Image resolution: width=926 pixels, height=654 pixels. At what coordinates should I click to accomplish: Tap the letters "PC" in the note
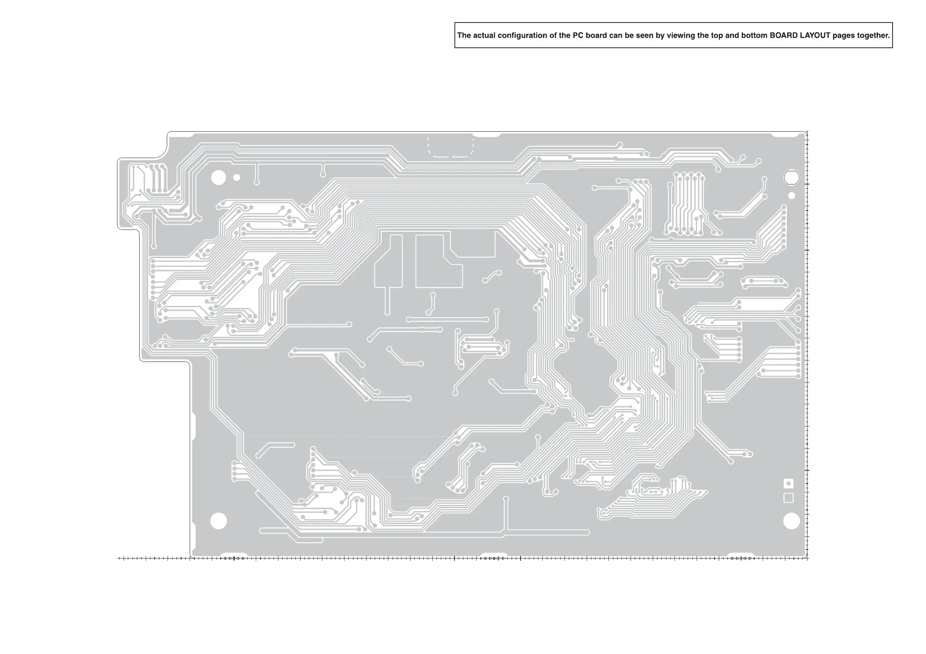[x=578, y=35]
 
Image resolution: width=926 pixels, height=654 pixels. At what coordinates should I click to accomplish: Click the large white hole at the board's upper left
[x=218, y=177]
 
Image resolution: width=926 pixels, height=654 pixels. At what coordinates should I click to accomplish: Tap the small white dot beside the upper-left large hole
[x=237, y=177]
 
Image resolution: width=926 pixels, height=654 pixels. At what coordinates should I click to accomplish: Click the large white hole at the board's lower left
[x=218, y=521]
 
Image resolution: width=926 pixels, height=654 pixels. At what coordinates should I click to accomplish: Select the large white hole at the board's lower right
[x=791, y=521]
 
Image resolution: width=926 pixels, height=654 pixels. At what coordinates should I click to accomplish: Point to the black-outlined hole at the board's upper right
[x=791, y=177]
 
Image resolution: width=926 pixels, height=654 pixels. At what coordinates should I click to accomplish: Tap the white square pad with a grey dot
[x=788, y=483]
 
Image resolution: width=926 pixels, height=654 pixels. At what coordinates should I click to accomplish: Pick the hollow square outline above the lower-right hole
[x=788, y=498]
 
